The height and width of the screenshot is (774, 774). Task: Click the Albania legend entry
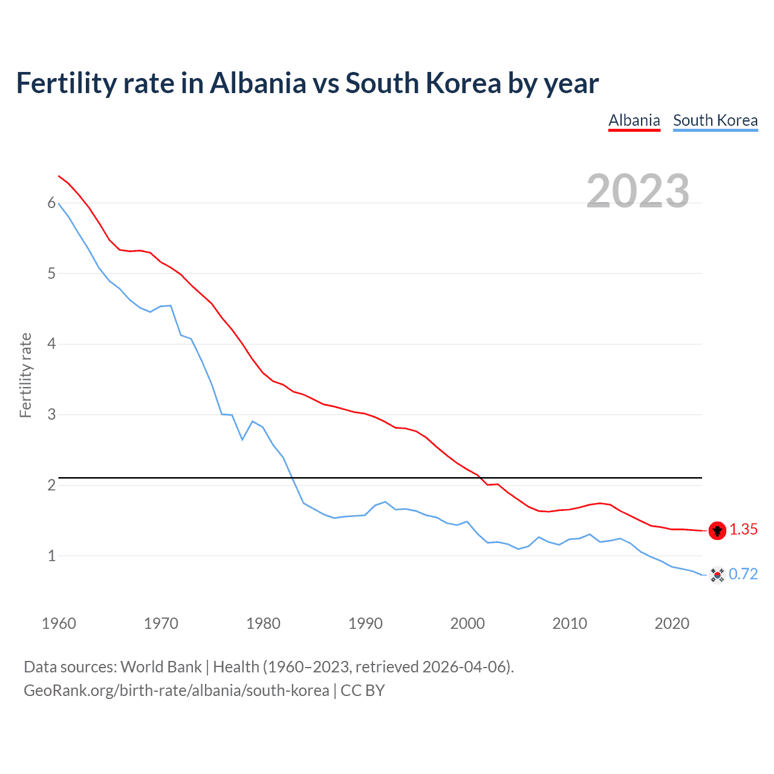pyautogui.click(x=634, y=120)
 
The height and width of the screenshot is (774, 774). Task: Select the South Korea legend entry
pyautogui.click(x=715, y=120)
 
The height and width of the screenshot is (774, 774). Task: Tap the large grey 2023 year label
pyautogui.click(x=638, y=191)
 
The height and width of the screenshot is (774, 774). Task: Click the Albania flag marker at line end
pyautogui.click(x=717, y=530)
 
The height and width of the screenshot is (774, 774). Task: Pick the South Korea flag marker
pyautogui.click(x=717, y=574)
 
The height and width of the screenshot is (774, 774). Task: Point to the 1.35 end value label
pyautogui.click(x=743, y=530)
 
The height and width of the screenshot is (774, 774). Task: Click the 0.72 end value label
pyautogui.click(x=743, y=574)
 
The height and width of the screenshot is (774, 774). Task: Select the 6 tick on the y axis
pyautogui.click(x=51, y=203)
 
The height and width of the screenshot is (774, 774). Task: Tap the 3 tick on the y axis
pyautogui.click(x=51, y=415)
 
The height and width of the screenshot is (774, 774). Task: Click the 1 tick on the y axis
pyautogui.click(x=51, y=556)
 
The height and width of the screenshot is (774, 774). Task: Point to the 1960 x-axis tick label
pyautogui.click(x=59, y=623)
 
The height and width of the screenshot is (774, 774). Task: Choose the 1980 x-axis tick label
pyautogui.click(x=263, y=623)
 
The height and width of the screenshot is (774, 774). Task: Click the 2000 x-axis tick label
pyautogui.click(x=467, y=623)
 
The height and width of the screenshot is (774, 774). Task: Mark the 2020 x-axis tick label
pyautogui.click(x=672, y=623)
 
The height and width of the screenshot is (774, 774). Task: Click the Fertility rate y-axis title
pyautogui.click(x=25, y=375)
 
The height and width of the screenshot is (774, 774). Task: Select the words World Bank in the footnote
pyautogui.click(x=161, y=667)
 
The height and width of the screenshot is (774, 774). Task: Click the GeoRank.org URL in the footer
pyautogui.click(x=176, y=691)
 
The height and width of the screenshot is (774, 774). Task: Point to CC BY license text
pyautogui.click(x=363, y=691)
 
